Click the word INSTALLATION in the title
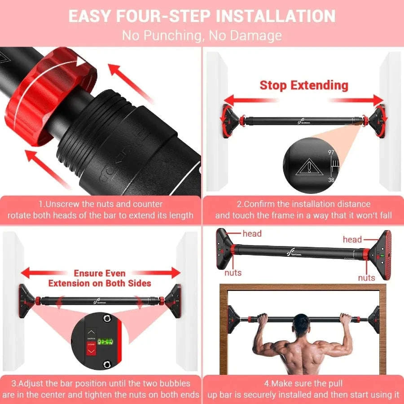tap(276, 16)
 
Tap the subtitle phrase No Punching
tap(162, 35)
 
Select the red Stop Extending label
tap(304, 85)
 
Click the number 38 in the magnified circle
tap(331, 179)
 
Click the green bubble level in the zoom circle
tap(104, 342)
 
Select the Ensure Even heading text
tap(100, 273)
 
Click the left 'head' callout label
tap(252, 233)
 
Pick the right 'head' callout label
tap(352, 239)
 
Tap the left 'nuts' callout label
tap(233, 272)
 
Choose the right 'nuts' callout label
tap(366, 278)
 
